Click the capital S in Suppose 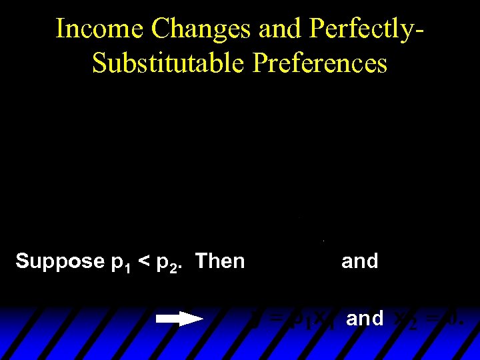[23, 261]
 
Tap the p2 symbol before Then [166, 263]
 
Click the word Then [220, 261]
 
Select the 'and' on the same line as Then [359, 261]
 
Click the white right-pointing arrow [179, 319]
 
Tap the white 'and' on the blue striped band [365, 319]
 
